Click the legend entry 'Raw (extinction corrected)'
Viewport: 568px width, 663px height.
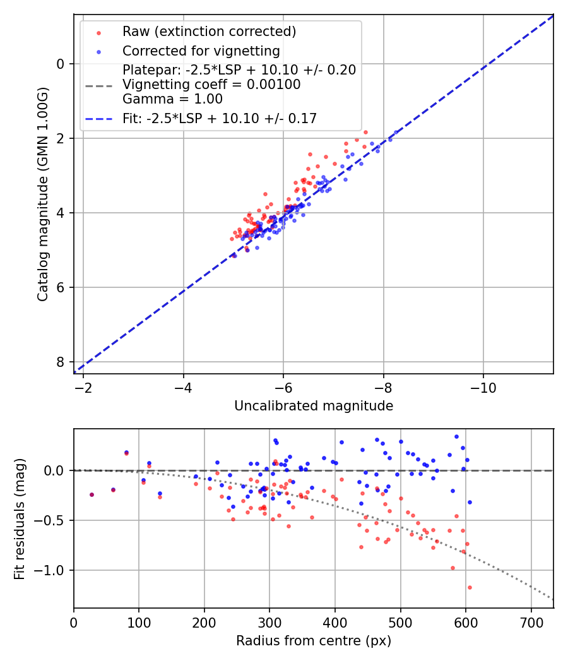pyautogui.click(x=209, y=32)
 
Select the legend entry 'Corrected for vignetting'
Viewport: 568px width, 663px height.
pyautogui.click(x=201, y=51)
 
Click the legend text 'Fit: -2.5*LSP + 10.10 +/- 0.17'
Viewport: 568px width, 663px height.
pyautogui.click(x=220, y=118)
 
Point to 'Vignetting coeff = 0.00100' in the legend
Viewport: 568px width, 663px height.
pyautogui.click(x=211, y=85)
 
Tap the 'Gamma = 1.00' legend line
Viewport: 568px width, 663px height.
pyautogui.click(x=172, y=99)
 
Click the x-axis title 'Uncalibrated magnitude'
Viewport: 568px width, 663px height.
pyautogui.click(x=314, y=406)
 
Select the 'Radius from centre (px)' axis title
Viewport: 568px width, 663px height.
pyautogui.click(x=314, y=641)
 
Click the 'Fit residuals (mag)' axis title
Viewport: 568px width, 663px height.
pyautogui.click(x=20, y=518)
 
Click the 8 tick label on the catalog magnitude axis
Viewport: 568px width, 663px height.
pyautogui.click(x=61, y=362)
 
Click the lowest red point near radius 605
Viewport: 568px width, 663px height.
pyautogui.click(x=470, y=587)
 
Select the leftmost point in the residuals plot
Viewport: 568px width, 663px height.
pyautogui.click(x=92, y=494)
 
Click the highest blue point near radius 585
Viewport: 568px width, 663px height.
pyautogui.click(x=456, y=436)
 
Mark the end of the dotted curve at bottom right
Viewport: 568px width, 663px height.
pyautogui.click(x=553, y=599)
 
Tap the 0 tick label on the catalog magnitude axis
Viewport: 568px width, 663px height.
pyautogui.click(x=61, y=64)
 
